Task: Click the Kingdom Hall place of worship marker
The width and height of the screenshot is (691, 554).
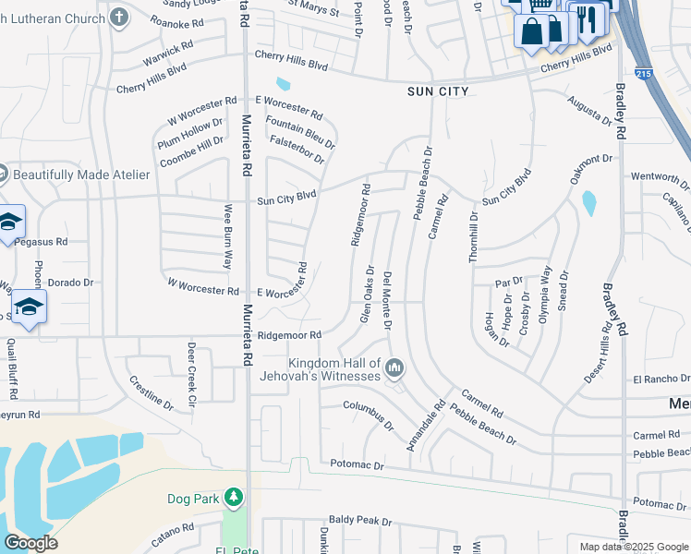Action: coord(395,369)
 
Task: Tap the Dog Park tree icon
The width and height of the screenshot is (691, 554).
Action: coord(234,499)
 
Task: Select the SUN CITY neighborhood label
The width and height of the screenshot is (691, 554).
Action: coord(438,91)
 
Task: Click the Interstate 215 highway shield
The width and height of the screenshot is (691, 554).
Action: coord(643,73)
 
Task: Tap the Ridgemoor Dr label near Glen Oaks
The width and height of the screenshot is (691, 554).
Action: coord(360,215)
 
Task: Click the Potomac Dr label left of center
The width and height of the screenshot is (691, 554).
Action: coord(352,466)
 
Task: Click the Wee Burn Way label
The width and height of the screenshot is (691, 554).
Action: coord(225,237)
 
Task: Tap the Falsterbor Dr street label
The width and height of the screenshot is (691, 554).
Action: coord(297,149)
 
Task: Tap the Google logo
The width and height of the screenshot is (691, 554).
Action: coord(31,543)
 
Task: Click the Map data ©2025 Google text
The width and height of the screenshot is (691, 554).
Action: coord(634,547)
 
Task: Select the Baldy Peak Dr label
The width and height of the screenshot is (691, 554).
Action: coord(360,522)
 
